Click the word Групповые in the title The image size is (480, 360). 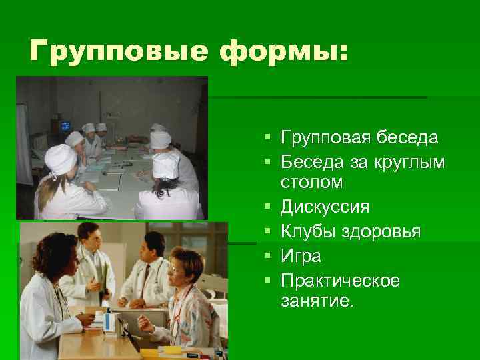(107, 51)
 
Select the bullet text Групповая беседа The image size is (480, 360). (359, 137)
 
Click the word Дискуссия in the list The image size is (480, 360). (325, 207)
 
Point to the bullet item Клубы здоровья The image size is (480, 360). (350, 231)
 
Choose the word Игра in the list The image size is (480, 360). (301, 256)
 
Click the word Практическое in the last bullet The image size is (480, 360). (340, 281)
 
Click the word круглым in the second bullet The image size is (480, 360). (407, 162)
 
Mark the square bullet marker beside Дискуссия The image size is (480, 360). (267, 207)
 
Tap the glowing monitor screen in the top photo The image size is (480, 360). (65, 125)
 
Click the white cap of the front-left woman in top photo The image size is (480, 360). (61, 158)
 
